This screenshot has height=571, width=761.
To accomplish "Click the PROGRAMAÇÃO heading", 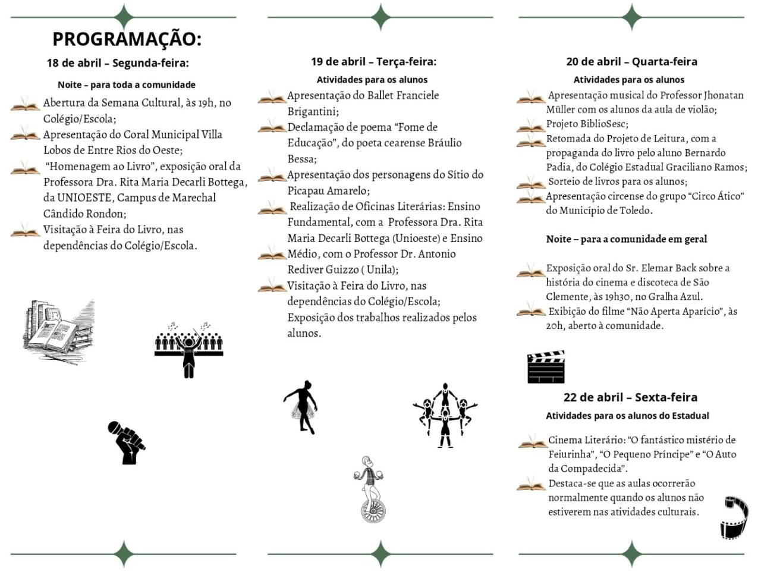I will point(127,39).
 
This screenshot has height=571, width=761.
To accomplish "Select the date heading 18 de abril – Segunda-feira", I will point(118,63).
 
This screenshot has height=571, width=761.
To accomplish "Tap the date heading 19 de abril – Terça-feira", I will point(373,61).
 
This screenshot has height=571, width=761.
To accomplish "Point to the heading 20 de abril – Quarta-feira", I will point(631,61).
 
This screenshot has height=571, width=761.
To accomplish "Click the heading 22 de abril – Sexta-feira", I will point(630,397).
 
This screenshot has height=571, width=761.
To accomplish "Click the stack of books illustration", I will point(58,331).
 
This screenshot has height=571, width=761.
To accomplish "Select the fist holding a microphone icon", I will point(126,442).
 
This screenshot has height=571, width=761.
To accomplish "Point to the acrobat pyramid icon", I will point(445,415).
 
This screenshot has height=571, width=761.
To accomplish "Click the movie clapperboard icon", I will point(545,367).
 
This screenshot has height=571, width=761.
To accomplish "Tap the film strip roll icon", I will point(734,517).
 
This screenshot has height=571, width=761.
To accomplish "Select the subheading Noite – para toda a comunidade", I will point(126,85).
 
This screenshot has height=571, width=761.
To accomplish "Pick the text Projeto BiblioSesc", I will point(587,124).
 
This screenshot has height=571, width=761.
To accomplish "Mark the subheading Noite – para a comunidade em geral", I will point(626,239).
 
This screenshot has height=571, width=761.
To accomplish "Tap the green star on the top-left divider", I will point(124,17).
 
